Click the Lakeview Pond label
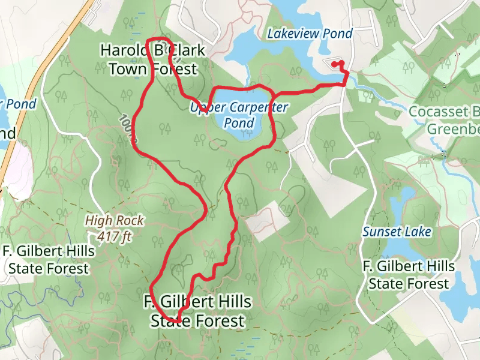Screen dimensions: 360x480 pyautogui.click(x=310, y=34)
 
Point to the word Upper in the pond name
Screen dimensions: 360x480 pyautogui.click(x=203, y=108)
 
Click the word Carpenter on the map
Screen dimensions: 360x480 pyautogui.click(x=254, y=108)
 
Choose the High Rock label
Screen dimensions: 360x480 pyautogui.click(x=114, y=220)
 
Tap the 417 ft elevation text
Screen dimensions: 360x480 pyautogui.click(x=114, y=236)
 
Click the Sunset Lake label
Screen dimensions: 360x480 pyautogui.click(x=397, y=231)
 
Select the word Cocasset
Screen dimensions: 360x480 pyautogui.click(x=437, y=111)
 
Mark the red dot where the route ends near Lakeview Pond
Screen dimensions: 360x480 pyautogui.click(x=334, y=64)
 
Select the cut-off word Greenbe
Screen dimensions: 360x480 pyautogui.click(x=453, y=128)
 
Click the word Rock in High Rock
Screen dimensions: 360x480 pyautogui.click(x=131, y=220)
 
